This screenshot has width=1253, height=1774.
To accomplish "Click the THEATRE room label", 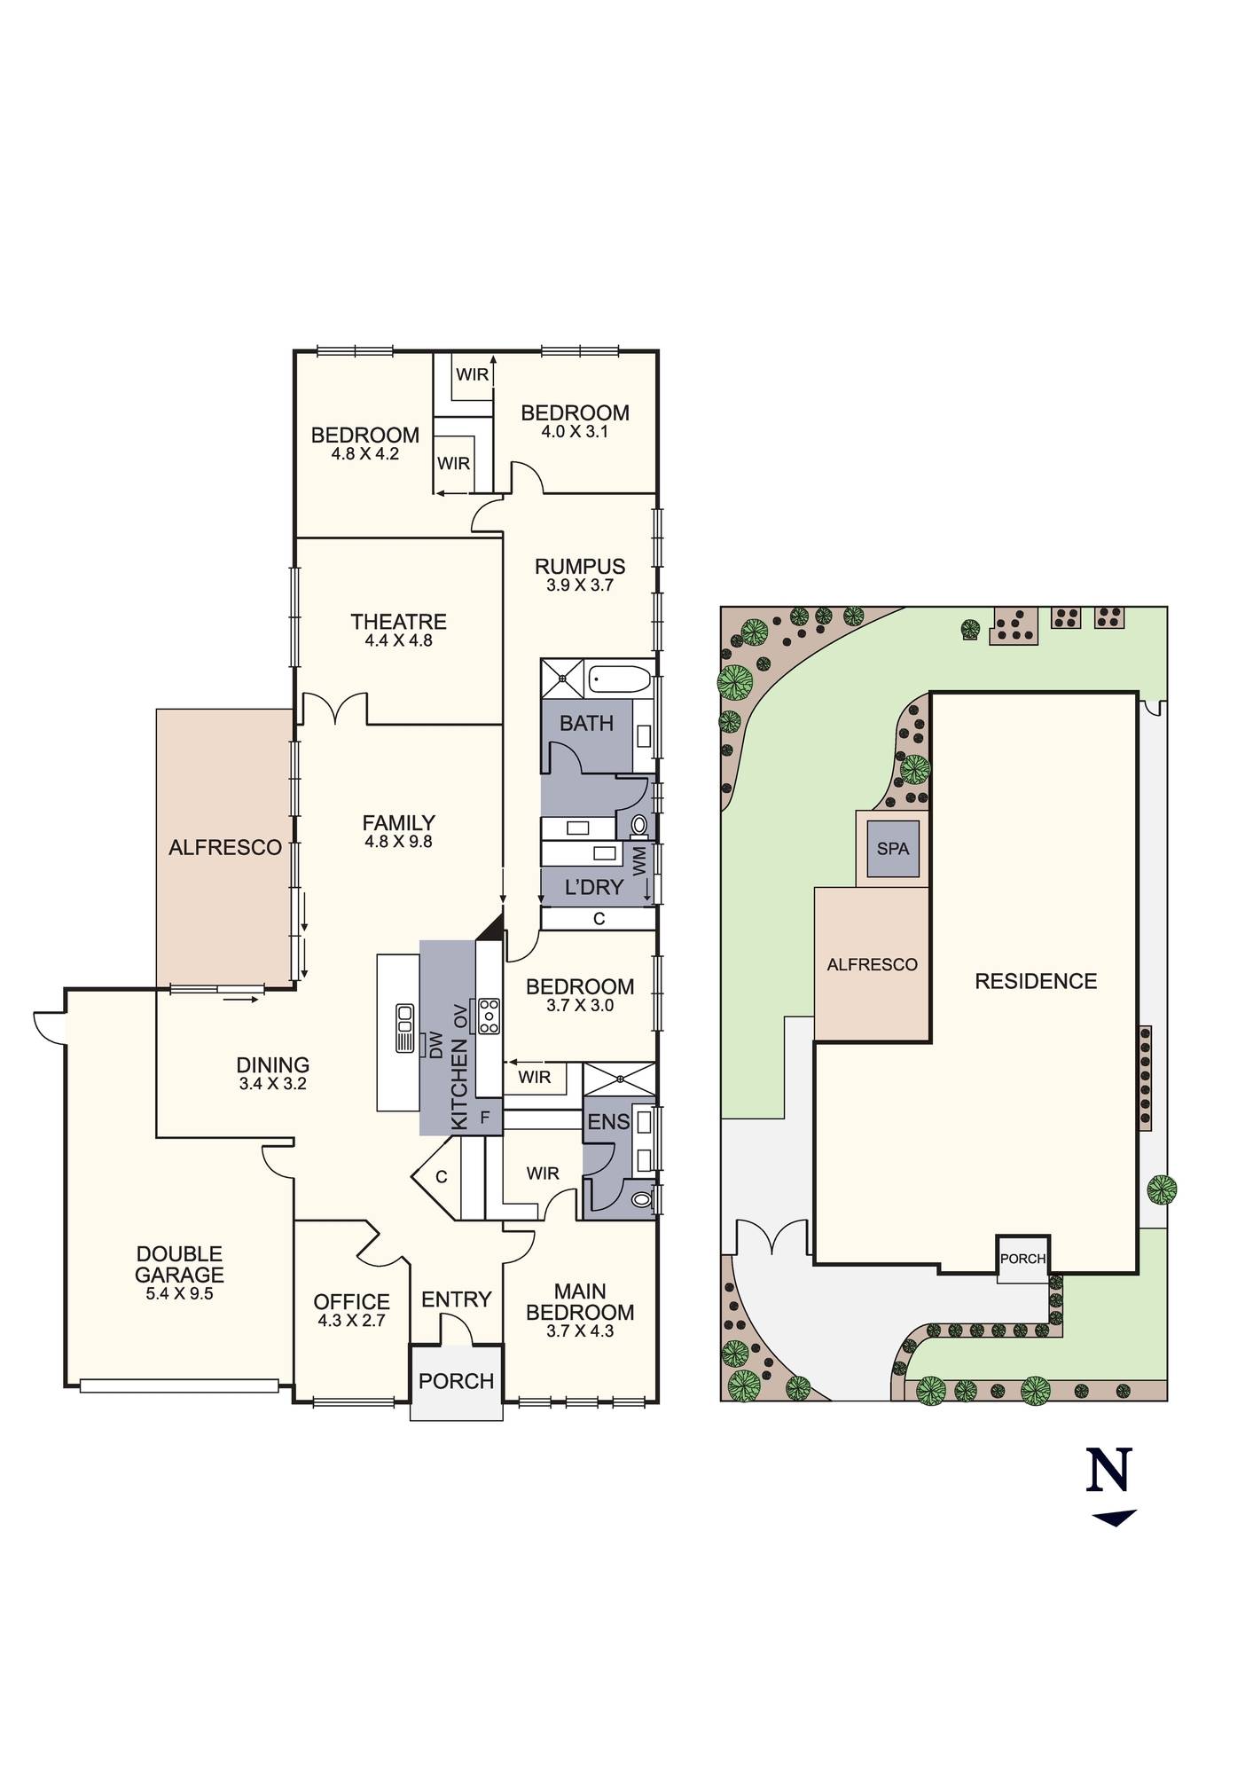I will pyautogui.click(x=398, y=621).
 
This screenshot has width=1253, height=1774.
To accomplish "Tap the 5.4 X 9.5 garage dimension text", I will pyautogui.click(x=180, y=1293).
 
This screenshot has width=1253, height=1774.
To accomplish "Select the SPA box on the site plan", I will pyautogui.click(x=892, y=849).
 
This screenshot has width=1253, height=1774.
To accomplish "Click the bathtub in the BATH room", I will pyautogui.click(x=621, y=680).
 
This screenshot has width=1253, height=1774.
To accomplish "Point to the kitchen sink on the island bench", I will pyautogui.click(x=405, y=1028).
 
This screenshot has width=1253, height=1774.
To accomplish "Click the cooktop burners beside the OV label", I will pyautogui.click(x=489, y=1016).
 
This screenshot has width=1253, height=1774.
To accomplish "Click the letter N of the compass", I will pyautogui.click(x=1109, y=1469).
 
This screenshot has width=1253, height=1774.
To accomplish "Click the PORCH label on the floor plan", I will pyautogui.click(x=456, y=1381).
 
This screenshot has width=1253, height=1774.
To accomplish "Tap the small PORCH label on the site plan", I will pyautogui.click(x=1022, y=1259).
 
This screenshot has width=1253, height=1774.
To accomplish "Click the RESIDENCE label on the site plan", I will pyautogui.click(x=1035, y=981).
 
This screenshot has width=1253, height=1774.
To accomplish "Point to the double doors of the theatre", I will pyautogui.click(x=335, y=709).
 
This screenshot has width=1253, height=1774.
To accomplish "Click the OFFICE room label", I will pyautogui.click(x=351, y=1301).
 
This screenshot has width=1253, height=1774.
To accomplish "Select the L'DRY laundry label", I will pyautogui.click(x=593, y=887).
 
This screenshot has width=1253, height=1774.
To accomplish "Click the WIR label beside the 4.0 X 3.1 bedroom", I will pyautogui.click(x=472, y=374).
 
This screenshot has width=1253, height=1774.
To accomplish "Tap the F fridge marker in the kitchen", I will pyautogui.click(x=484, y=1118).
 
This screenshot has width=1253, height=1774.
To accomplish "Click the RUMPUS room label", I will pyautogui.click(x=580, y=566).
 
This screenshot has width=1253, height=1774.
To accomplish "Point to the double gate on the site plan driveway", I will pyautogui.click(x=773, y=1237).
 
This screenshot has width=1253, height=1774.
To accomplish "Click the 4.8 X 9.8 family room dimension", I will pyautogui.click(x=398, y=841).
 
